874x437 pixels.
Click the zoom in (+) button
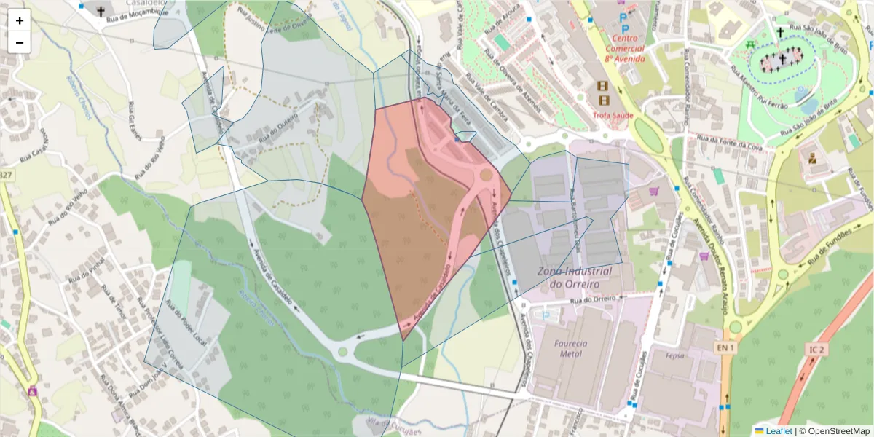coord(20,20)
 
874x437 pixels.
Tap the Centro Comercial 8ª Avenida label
coord(623,48)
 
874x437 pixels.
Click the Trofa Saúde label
coord(613,115)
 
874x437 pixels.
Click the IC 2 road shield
coord(816,350)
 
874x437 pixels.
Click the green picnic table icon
coord(750,44)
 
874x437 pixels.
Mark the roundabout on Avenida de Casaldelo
coord(342,353)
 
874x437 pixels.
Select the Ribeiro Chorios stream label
coord(82,90)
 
